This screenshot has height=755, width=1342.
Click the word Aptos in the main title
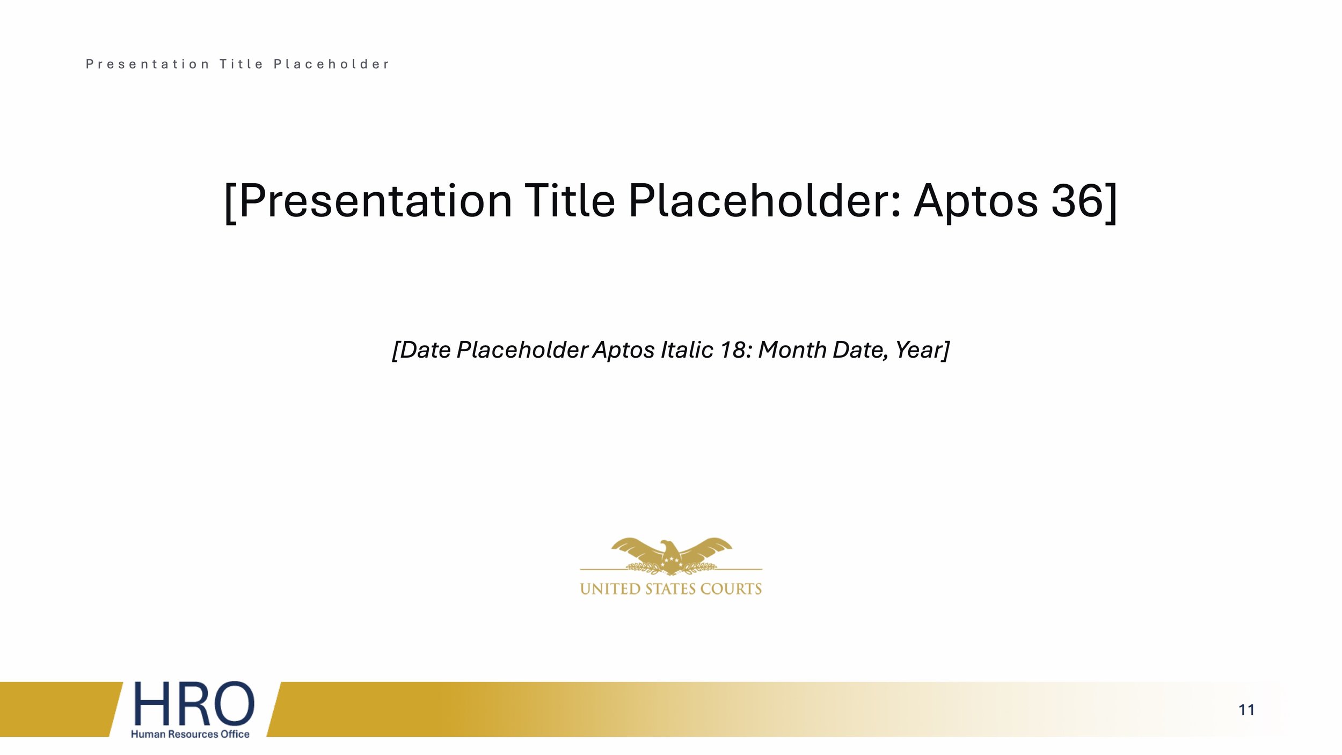point(975,201)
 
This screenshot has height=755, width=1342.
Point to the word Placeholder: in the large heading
point(764,201)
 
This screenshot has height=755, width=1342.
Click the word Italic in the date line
point(684,350)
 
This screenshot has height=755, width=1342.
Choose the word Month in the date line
point(792,350)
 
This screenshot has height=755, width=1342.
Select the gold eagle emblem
point(671,556)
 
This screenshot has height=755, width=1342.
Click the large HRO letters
point(193,703)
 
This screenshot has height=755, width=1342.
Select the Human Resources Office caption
point(190,734)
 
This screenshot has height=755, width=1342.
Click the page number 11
point(1246,710)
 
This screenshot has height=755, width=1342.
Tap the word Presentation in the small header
point(147,64)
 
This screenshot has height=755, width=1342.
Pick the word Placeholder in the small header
point(331,64)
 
